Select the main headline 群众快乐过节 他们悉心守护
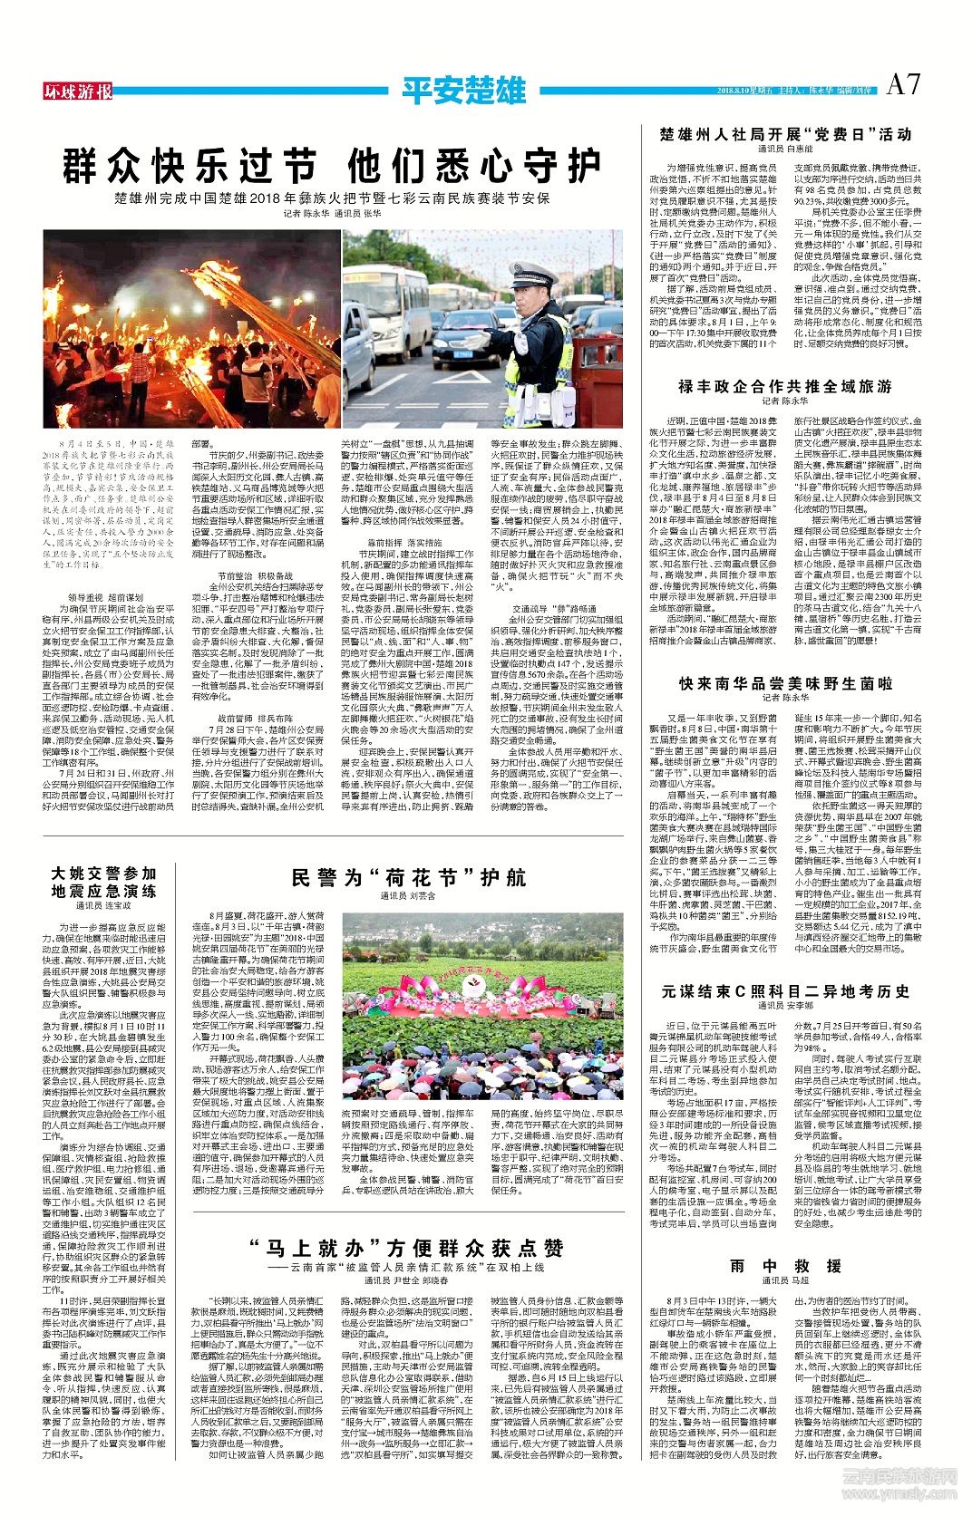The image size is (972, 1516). pyautogui.click(x=332, y=167)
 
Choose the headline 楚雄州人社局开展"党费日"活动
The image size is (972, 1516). pyautogui.click(x=785, y=134)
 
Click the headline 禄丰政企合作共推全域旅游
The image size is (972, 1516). pyautogui.click(x=784, y=386)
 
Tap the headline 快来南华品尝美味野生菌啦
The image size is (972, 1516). pyautogui.click(x=785, y=683)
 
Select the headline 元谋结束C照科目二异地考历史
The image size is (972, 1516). pyautogui.click(x=785, y=991)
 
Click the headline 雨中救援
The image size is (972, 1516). pyautogui.click(x=785, y=1265)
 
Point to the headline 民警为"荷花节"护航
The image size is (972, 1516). pyautogui.click(x=409, y=877)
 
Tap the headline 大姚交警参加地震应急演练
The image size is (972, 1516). pyautogui.click(x=104, y=882)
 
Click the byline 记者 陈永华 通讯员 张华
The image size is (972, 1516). pyautogui.click(x=332, y=214)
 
